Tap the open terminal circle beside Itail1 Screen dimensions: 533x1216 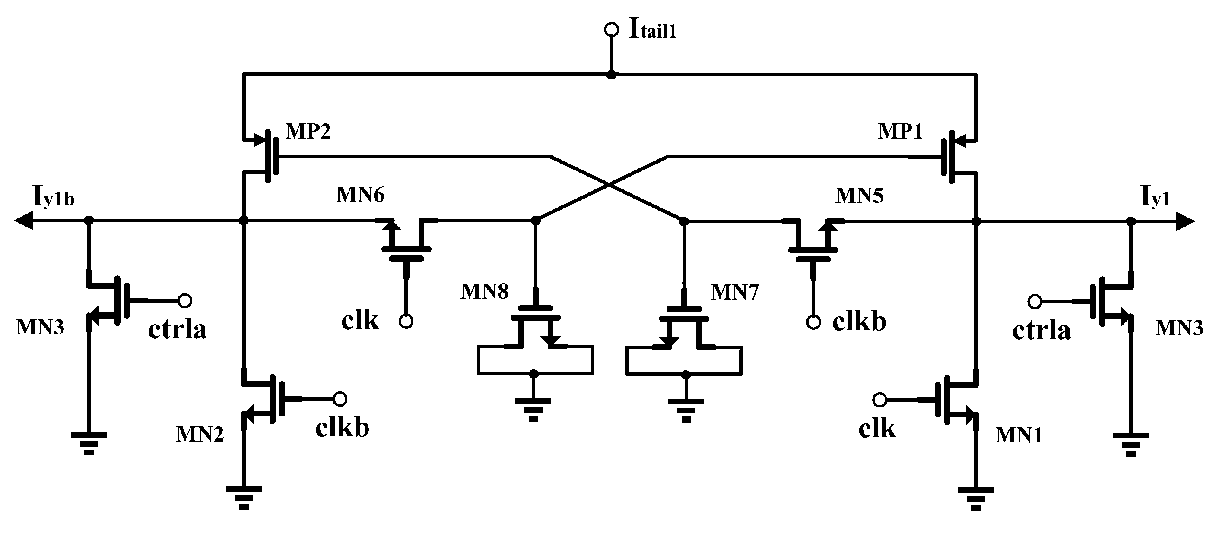[x=611, y=30]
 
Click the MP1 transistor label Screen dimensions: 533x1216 [x=900, y=131]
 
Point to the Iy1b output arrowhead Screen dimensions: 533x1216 [x=24, y=220]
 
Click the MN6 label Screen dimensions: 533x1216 [x=360, y=194]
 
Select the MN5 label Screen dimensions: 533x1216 [x=859, y=195]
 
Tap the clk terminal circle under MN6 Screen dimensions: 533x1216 [x=406, y=322]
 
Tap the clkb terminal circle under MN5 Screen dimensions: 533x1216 [x=813, y=323]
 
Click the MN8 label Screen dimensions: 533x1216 [x=485, y=291]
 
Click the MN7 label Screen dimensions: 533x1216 [x=735, y=293]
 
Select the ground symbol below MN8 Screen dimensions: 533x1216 [x=533, y=408]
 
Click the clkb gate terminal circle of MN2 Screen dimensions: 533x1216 [x=340, y=399]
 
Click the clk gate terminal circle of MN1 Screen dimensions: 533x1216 [x=879, y=400]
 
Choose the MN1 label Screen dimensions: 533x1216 [x=1019, y=435]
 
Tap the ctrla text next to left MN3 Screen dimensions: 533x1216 [x=177, y=329]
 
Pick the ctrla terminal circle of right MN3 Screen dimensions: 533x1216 [x=1035, y=301]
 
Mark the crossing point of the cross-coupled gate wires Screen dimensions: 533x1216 [x=610, y=186]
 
